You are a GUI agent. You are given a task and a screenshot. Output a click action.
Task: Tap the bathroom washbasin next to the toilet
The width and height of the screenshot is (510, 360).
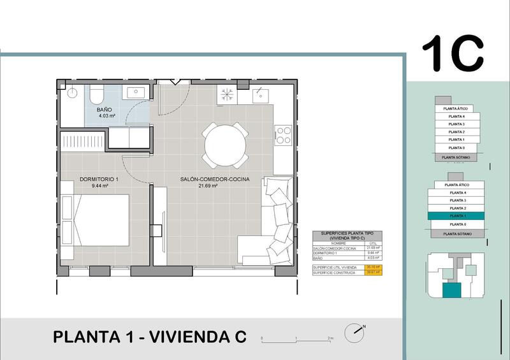136,93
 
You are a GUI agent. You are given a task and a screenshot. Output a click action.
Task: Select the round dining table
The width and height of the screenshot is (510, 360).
225,143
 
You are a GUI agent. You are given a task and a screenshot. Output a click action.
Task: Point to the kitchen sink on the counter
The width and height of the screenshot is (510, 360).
260,95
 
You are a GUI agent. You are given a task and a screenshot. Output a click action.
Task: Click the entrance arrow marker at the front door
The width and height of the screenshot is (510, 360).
175,81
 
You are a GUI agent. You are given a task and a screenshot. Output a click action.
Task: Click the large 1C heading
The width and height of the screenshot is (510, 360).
454,54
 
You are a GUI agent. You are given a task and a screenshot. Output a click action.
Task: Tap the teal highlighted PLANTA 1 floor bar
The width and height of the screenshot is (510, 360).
457,217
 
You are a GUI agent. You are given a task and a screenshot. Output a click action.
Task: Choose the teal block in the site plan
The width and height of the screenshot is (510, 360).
451,291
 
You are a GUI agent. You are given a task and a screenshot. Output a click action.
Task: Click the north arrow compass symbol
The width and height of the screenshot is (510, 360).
354,332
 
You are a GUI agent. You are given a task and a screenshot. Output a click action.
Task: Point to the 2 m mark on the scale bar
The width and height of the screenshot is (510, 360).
330,338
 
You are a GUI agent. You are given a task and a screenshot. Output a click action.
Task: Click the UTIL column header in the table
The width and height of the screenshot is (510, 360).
372,243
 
